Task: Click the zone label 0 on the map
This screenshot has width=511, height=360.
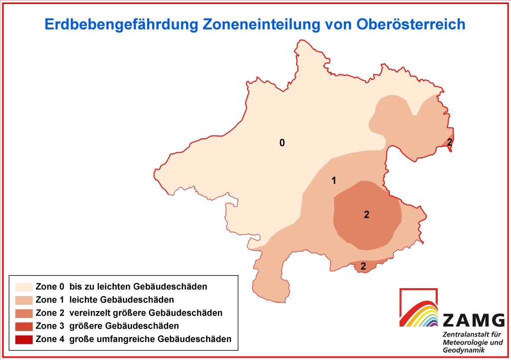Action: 282,143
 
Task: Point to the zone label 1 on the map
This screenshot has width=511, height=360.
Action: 334,181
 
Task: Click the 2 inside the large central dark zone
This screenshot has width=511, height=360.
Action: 367,215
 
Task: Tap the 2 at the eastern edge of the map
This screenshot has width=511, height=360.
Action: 450,142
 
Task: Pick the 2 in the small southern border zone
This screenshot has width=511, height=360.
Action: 363,266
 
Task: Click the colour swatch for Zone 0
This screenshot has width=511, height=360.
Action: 24,287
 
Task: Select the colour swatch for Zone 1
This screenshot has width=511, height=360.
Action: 24,300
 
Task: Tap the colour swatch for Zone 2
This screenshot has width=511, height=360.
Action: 24,314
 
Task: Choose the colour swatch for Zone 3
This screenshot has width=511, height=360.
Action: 24,327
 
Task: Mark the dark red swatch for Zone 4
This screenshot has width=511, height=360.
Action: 24,340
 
